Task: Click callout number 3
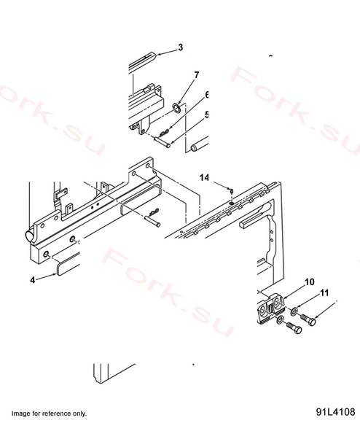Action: [180, 47]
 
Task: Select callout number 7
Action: [197, 74]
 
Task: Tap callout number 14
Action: [204, 177]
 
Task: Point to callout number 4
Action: [33, 280]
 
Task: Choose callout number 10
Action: [309, 282]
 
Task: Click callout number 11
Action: [324, 292]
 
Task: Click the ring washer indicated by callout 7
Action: [177, 109]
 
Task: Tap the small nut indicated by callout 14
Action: [231, 191]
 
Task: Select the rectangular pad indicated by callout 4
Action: [69, 265]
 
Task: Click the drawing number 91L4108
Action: [335, 411]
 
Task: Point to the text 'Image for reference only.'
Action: [49, 414]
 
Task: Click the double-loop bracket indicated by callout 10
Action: [271, 308]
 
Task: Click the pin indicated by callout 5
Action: [162, 142]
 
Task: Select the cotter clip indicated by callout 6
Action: [164, 132]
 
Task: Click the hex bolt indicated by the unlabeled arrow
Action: [308, 319]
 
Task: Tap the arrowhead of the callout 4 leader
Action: [55, 274]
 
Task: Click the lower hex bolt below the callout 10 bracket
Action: [294, 327]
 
